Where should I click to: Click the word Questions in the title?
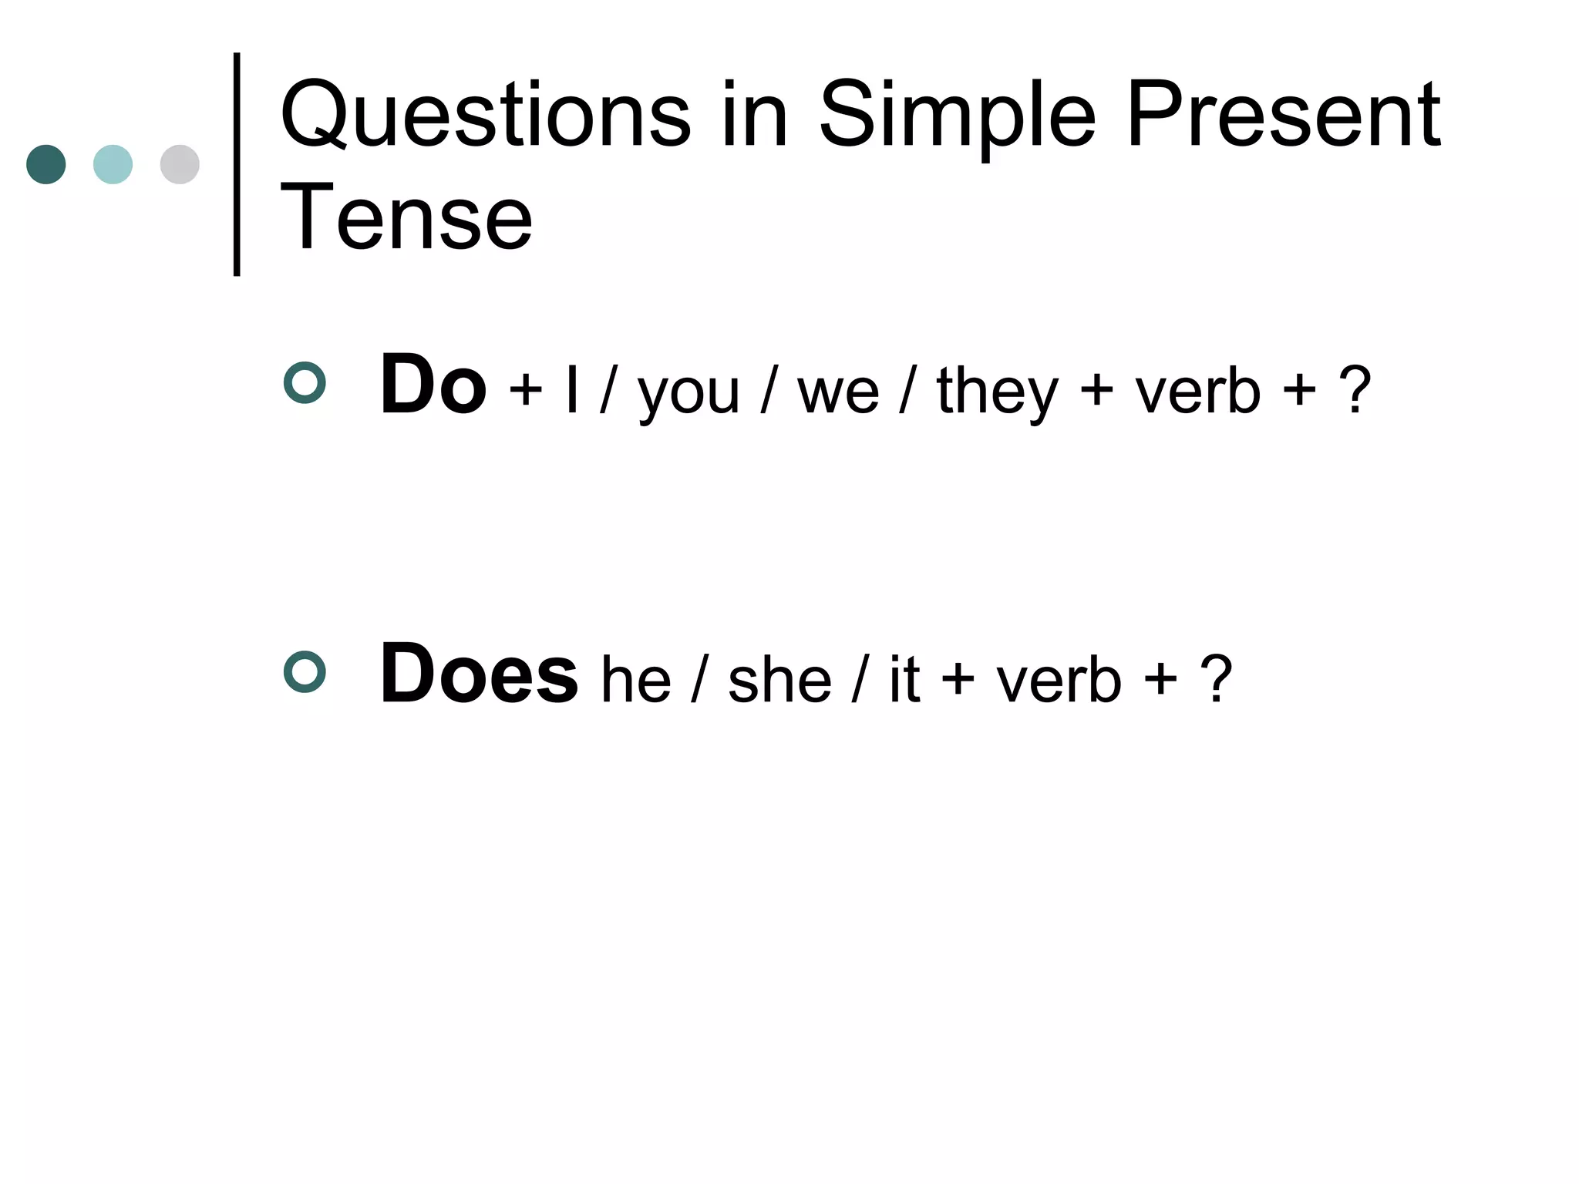(x=485, y=116)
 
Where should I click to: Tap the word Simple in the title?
(x=956, y=116)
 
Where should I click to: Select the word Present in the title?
(x=1283, y=116)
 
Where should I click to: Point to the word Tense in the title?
(x=406, y=219)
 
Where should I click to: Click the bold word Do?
(x=433, y=385)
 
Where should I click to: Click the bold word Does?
(x=478, y=674)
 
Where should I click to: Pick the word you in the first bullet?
(x=688, y=392)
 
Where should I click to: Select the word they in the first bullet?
(x=998, y=392)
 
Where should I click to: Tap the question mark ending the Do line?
(x=1355, y=390)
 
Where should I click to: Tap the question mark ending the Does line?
(x=1216, y=679)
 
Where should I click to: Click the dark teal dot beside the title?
(x=46, y=164)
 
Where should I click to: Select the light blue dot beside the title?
(x=113, y=164)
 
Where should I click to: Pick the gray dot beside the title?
(x=180, y=164)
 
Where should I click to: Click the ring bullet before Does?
(x=305, y=672)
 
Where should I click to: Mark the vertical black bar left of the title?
(x=237, y=164)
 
